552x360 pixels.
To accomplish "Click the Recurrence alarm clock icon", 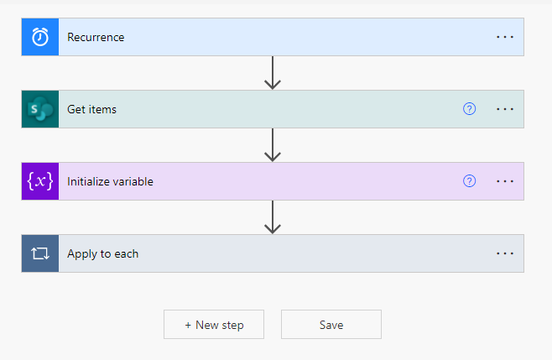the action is [x=40, y=37].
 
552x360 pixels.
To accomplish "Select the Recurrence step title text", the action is [x=96, y=37].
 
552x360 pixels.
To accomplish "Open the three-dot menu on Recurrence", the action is [x=505, y=37].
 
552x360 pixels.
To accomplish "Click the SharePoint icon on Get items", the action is [x=40, y=109].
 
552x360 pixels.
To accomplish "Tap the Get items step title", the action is [x=92, y=110].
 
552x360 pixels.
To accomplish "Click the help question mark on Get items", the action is [x=469, y=109].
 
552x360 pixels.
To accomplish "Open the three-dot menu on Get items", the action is [x=505, y=109].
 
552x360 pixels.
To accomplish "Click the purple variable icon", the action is [x=40, y=181].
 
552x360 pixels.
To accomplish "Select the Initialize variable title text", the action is [x=110, y=182].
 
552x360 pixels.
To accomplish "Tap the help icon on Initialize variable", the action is [x=469, y=181].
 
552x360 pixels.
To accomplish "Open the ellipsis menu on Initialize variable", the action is [x=505, y=181].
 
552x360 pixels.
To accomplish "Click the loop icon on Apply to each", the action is [x=40, y=253].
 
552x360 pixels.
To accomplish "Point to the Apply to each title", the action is [x=103, y=254].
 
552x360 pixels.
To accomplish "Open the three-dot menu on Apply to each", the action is [x=505, y=253].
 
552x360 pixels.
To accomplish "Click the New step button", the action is [x=214, y=325].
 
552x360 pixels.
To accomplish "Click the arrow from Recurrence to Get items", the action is [x=273, y=73].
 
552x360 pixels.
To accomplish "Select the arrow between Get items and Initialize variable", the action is [x=273, y=145].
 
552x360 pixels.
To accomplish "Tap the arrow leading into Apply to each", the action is [x=273, y=217].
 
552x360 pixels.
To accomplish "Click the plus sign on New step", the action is [x=188, y=325].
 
